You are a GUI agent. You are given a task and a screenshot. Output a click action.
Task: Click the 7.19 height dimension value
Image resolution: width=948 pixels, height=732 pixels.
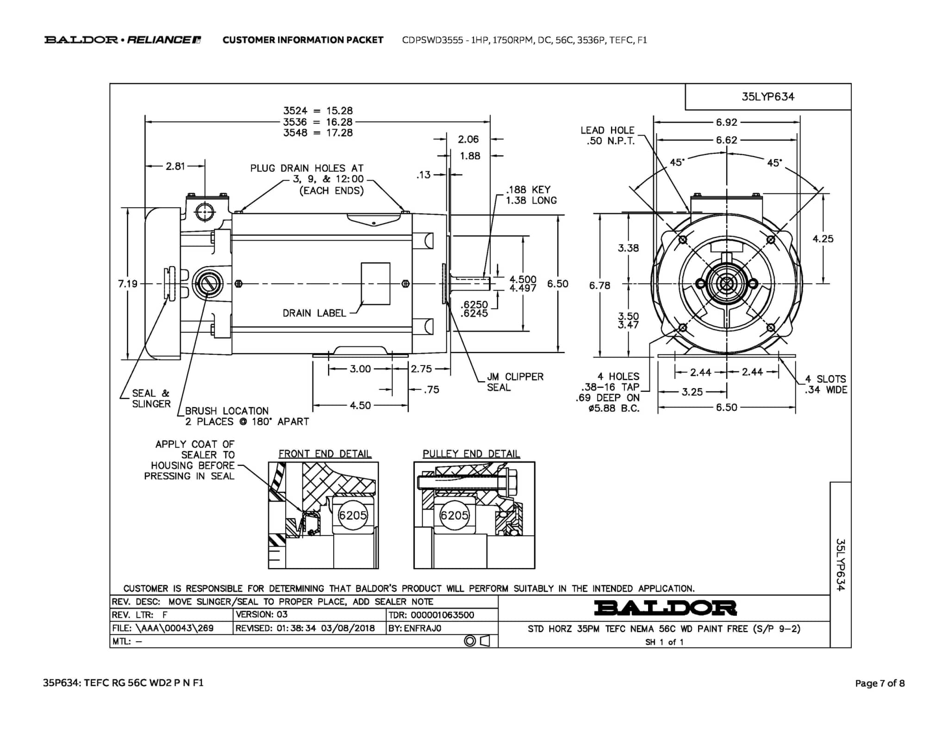[128, 284]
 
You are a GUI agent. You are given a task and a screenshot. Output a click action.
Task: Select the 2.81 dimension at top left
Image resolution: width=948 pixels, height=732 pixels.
[175, 166]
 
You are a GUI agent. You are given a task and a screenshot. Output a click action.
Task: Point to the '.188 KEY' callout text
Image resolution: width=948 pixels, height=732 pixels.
[528, 190]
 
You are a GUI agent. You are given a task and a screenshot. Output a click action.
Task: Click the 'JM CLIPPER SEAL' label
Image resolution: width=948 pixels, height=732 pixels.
[515, 382]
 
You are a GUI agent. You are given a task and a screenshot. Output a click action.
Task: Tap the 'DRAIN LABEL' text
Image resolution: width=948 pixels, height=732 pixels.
[314, 313]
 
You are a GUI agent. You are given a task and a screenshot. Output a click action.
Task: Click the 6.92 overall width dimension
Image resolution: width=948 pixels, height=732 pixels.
[726, 122]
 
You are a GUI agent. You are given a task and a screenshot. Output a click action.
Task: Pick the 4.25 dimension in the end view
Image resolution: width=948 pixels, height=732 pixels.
[823, 239]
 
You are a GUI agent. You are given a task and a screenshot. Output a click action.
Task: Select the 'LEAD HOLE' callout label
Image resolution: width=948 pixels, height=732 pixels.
[607, 130]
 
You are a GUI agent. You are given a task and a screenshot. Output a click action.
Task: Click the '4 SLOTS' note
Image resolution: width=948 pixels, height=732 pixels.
[825, 379]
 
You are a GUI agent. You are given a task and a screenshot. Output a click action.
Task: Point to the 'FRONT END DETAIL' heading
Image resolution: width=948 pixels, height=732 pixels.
[325, 454]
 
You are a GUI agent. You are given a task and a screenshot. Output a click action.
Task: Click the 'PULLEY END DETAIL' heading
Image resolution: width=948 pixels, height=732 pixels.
[471, 454]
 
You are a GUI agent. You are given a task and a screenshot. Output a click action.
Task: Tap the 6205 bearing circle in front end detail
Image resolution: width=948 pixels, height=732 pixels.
[353, 515]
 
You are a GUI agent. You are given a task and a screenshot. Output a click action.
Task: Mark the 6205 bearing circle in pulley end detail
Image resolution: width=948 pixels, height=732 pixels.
[454, 515]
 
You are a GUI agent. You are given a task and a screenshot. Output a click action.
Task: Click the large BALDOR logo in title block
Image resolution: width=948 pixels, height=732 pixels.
[665, 608]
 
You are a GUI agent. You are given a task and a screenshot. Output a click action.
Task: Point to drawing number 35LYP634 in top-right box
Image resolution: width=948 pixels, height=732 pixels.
[768, 97]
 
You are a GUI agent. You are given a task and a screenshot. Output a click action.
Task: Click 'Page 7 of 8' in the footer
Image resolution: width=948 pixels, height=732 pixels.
[879, 683]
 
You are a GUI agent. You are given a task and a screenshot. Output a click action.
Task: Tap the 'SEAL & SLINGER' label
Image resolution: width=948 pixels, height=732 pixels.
[151, 398]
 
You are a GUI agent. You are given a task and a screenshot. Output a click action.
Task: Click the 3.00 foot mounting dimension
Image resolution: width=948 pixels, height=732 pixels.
[360, 369]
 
